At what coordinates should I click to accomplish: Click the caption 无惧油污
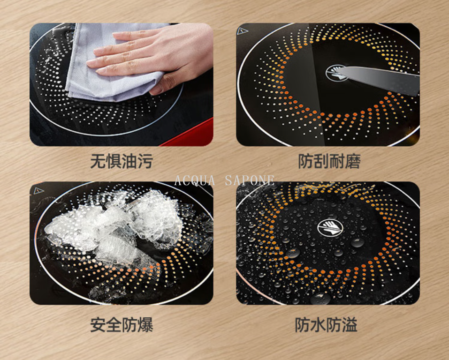point(122,161)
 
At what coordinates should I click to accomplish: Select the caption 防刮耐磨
point(329,161)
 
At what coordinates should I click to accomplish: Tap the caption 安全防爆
point(122,325)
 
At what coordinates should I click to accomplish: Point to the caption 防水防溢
point(326,325)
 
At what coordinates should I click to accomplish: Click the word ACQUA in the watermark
point(195,180)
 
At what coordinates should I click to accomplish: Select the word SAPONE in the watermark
point(250,180)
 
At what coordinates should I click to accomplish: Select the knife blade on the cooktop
point(378,79)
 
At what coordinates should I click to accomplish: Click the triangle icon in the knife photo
point(242,31)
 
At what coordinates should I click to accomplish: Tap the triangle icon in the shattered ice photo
point(38,191)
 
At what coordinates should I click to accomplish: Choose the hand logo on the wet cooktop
point(330,228)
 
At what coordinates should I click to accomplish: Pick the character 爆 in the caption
point(145,325)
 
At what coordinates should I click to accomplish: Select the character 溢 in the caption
point(350,325)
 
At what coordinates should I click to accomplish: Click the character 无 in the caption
point(98,161)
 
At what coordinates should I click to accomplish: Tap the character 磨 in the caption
point(353,161)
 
